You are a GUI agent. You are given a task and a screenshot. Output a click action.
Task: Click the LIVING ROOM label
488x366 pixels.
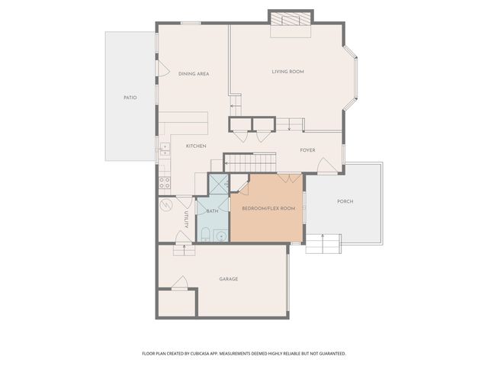(x=287, y=72)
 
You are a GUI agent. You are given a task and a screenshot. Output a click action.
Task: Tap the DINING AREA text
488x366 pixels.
(x=194, y=74)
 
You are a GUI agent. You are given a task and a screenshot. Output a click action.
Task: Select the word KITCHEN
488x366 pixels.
(x=197, y=146)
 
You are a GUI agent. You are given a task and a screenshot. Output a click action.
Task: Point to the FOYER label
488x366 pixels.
(x=307, y=150)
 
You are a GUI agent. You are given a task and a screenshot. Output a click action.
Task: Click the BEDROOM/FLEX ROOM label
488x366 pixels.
(x=268, y=208)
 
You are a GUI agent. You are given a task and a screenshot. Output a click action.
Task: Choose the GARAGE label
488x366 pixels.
(x=228, y=279)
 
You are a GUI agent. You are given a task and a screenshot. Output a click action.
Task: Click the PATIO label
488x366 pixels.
(x=130, y=98)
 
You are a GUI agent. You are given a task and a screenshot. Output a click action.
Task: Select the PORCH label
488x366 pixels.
(x=345, y=201)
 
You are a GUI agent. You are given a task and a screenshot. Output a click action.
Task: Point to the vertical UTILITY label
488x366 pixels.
(x=185, y=220)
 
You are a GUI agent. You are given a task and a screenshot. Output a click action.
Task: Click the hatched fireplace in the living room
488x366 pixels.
(x=291, y=19)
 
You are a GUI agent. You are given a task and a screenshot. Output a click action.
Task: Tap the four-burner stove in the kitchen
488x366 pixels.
(x=164, y=183)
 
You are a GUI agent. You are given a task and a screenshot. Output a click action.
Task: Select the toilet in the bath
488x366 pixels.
(x=206, y=233)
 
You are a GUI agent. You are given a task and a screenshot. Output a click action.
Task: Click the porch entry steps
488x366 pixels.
(x=322, y=244)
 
